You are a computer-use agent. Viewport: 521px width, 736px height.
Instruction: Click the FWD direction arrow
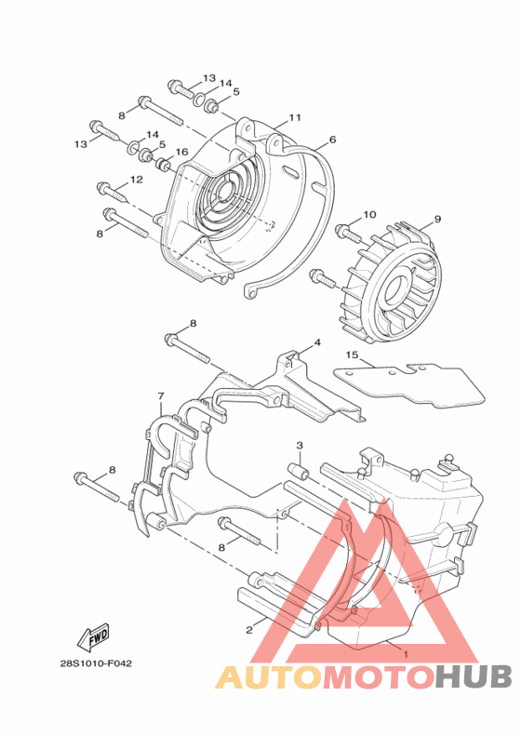coord(93,636)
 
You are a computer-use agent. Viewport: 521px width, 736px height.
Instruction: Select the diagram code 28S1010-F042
coord(96,663)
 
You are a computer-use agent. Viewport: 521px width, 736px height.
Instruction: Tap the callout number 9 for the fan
coord(437,219)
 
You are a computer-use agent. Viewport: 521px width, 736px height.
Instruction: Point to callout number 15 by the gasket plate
coord(352,355)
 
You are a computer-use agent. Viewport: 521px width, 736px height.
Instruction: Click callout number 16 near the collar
coord(181,152)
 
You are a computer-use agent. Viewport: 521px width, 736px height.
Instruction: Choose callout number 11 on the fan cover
coord(294,117)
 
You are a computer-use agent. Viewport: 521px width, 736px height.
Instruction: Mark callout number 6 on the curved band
coord(332,140)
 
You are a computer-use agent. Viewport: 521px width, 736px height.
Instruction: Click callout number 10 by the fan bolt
coord(369,215)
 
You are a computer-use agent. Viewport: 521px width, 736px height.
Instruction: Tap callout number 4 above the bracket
coord(317,343)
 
